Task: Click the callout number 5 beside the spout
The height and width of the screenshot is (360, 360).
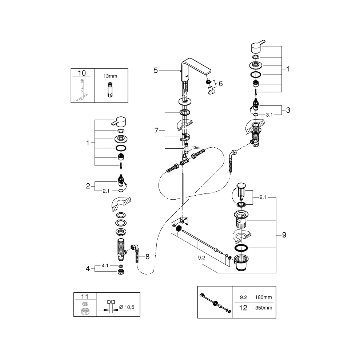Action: click(156, 70)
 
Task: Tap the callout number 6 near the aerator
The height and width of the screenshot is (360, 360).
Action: click(220, 84)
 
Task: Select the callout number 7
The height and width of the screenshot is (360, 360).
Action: click(156, 131)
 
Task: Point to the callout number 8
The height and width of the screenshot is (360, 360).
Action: click(147, 257)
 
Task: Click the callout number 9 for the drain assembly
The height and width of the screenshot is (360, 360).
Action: click(284, 235)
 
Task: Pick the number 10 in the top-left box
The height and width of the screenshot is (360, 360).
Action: click(82, 73)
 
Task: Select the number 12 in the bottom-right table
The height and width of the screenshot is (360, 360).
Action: click(243, 308)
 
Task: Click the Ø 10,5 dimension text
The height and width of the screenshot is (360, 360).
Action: click(127, 307)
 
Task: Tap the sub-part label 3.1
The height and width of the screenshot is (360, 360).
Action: click(269, 115)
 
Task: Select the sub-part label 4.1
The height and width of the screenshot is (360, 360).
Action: click(105, 266)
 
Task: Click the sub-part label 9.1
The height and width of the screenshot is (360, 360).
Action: click(263, 197)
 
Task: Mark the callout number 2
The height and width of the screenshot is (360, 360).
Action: click(88, 186)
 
